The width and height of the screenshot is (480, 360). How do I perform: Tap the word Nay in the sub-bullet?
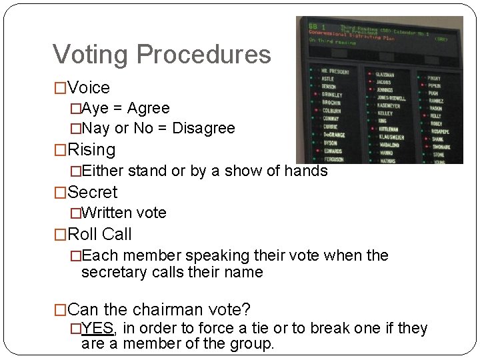point(97,128)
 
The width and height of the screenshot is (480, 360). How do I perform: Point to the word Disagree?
point(203,128)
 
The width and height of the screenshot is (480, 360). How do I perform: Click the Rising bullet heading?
point(91,149)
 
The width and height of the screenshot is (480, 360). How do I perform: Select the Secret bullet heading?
point(93,192)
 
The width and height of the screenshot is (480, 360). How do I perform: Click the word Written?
point(108,213)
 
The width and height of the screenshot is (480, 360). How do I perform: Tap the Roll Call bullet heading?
point(100,235)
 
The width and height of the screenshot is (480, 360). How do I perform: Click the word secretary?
point(112,272)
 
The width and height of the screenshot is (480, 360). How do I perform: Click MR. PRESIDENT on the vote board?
point(335,71)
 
